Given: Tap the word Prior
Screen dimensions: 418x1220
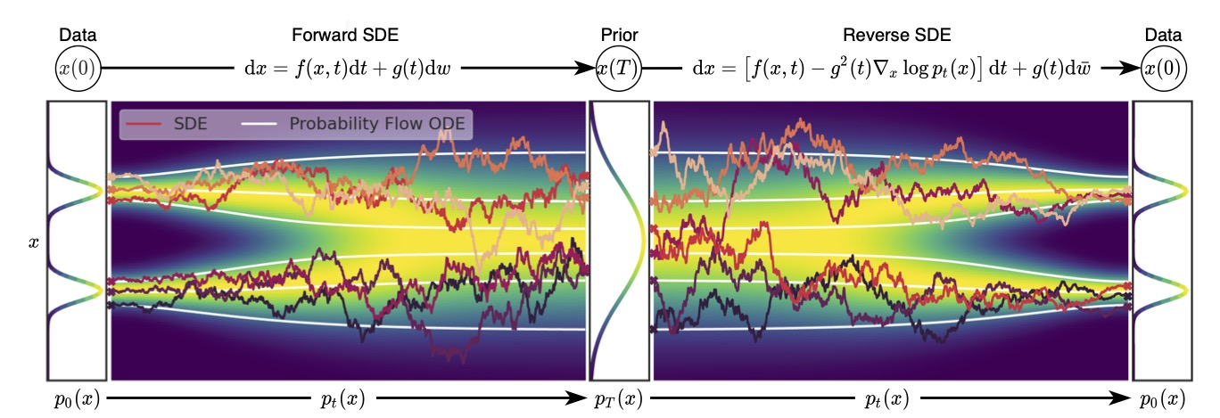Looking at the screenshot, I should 617,36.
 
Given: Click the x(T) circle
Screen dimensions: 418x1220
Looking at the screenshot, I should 618,69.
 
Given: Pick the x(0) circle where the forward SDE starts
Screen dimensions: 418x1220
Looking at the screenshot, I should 77,69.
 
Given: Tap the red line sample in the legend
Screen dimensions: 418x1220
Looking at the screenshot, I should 137,124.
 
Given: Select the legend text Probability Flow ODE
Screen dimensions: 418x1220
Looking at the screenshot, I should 378,124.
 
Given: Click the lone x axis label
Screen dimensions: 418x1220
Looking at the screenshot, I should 34,241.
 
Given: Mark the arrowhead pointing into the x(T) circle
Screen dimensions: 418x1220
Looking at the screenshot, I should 589,69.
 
